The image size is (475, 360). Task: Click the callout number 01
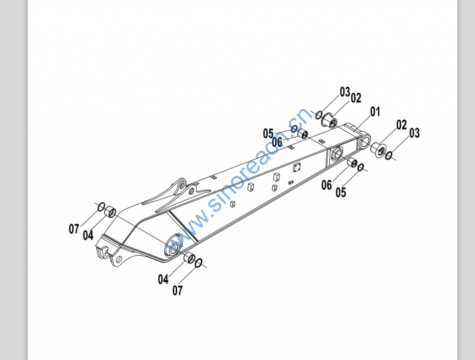[x=375, y=112]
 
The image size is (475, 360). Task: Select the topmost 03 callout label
[x=345, y=92]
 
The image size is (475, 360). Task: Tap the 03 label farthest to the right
[x=414, y=133]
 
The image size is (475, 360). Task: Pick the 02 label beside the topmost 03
[x=356, y=98]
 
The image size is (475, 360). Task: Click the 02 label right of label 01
[x=401, y=125]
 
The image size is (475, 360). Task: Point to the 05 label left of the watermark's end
[x=268, y=134]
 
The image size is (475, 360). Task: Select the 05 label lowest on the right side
[x=340, y=192]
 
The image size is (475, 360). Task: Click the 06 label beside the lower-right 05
[x=327, y=185]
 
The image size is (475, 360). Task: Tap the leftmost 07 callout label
[x=74, y=229]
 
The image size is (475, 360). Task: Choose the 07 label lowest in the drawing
[x=177, y=291]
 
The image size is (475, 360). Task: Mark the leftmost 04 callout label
[x=88, y=235]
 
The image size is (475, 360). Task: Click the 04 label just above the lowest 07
[x=163, y=279]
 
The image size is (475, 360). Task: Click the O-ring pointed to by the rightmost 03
[x=389, y=156]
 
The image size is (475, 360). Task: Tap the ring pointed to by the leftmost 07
[x=101, y=206]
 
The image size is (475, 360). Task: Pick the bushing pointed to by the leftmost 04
[x=110, y=212]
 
